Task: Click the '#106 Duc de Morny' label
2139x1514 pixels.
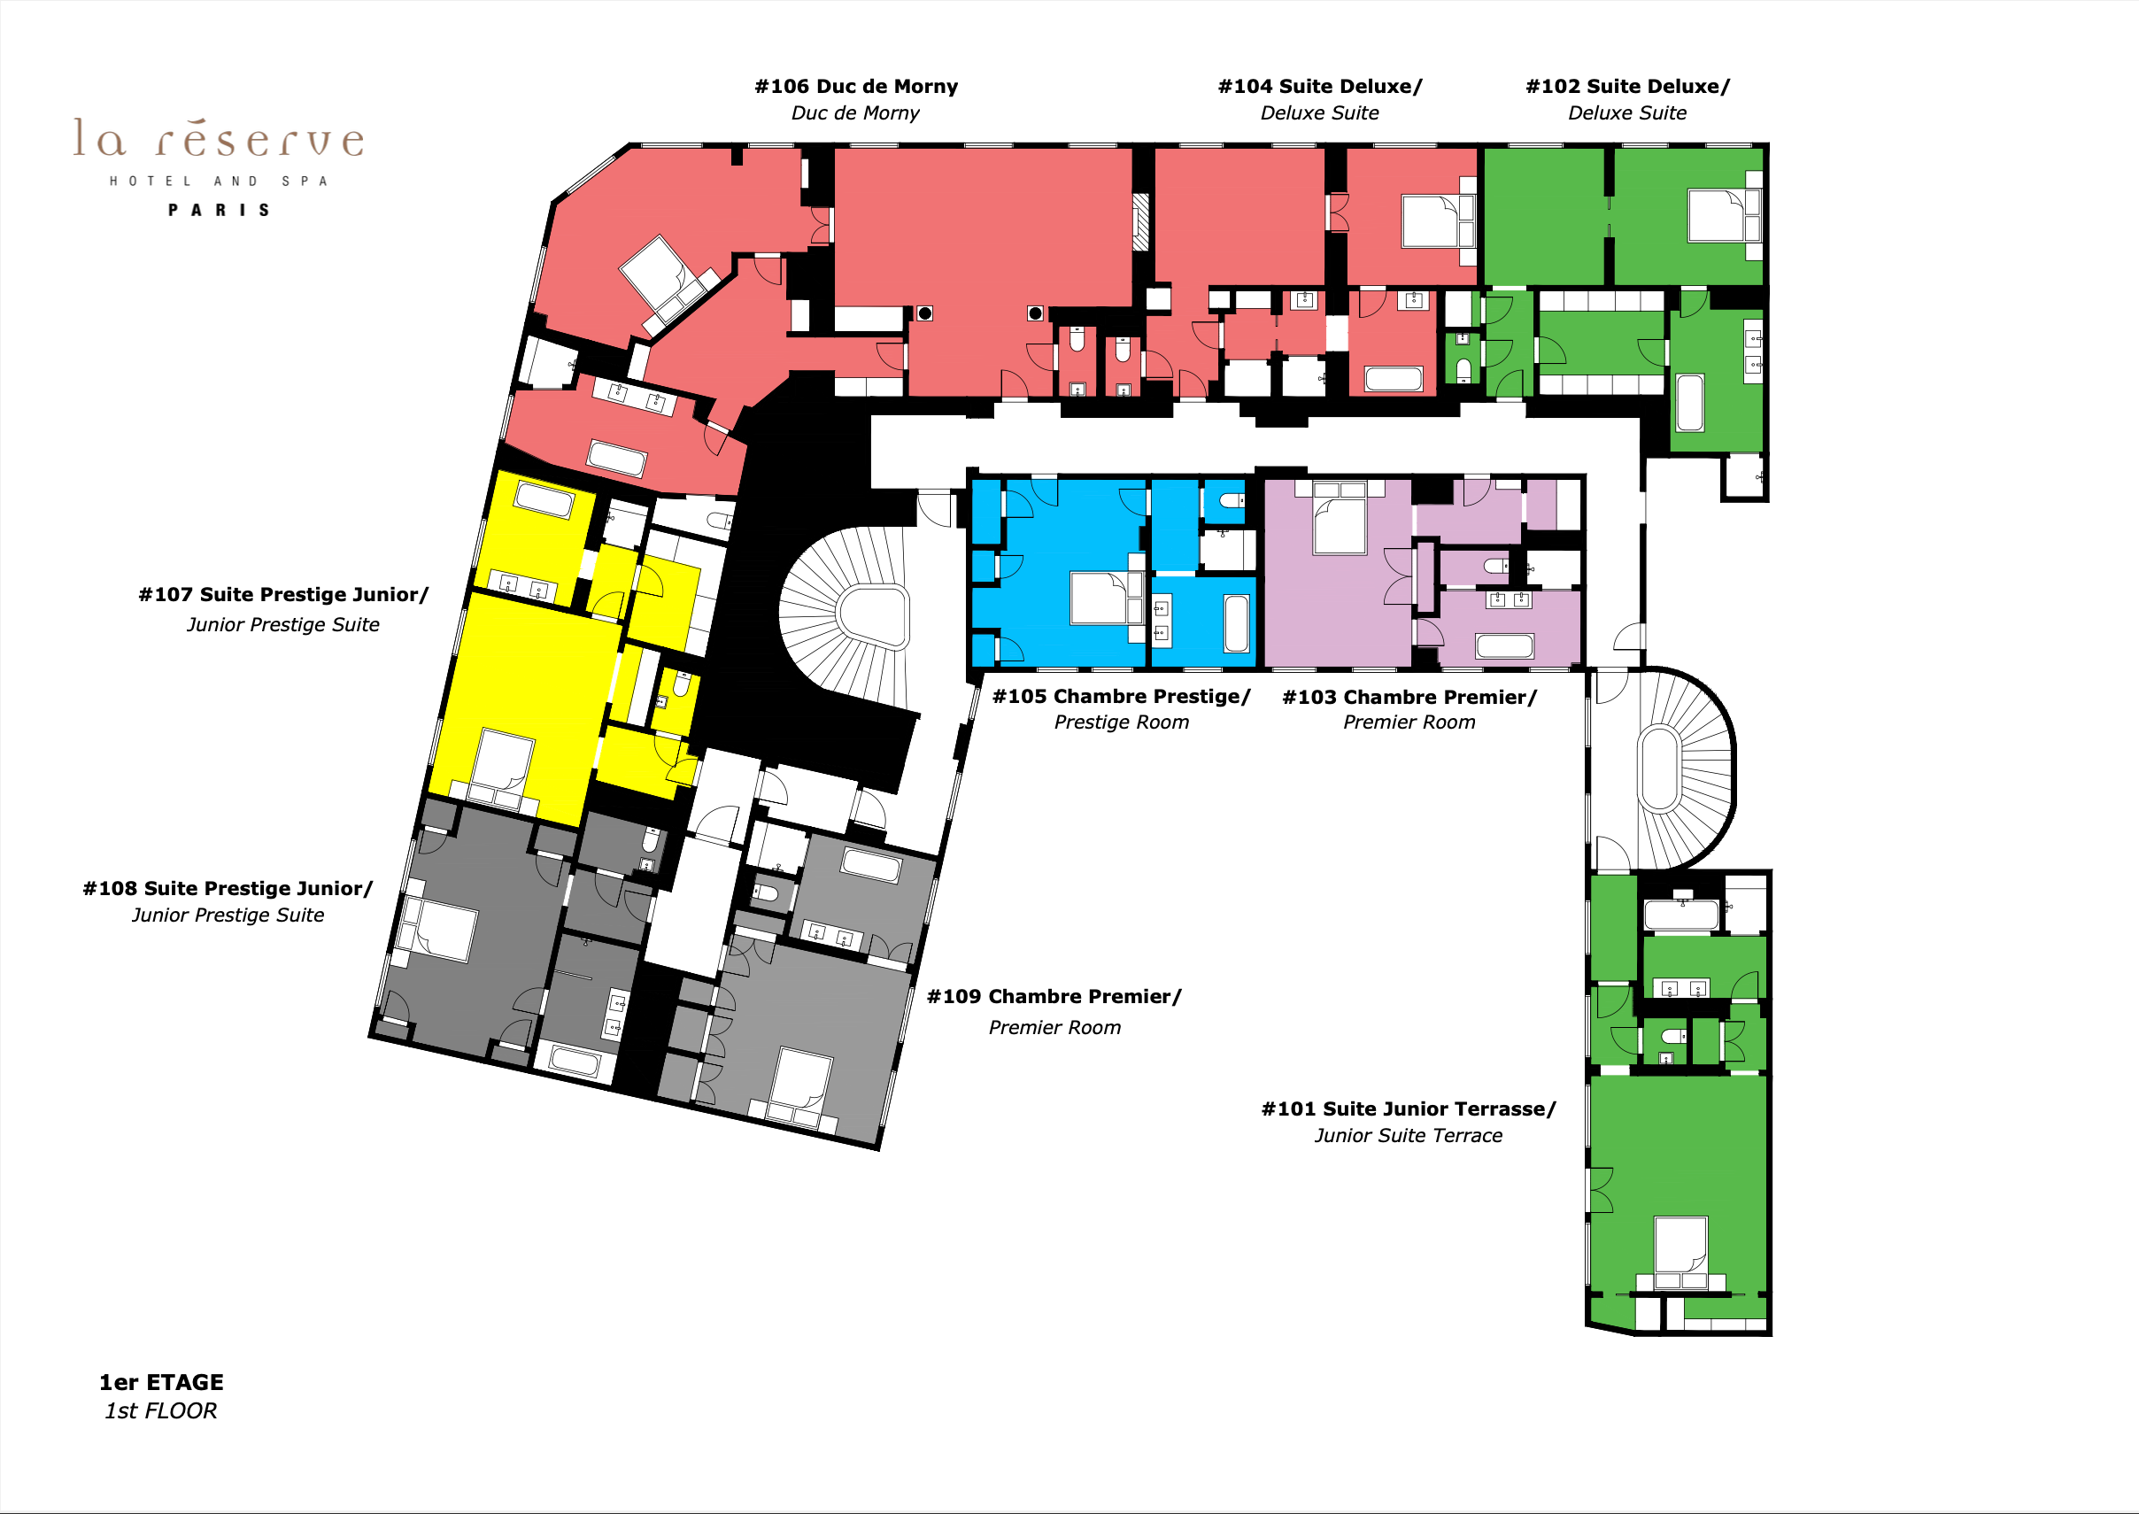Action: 855,87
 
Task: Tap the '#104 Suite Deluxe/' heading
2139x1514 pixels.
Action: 1320,87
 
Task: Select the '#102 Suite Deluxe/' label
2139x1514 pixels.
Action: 1627,87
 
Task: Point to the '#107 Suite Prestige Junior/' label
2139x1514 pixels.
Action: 283,595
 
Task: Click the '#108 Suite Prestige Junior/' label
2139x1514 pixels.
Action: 228,888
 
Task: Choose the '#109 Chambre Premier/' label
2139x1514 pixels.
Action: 1054,997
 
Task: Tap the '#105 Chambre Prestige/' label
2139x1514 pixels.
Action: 1121,697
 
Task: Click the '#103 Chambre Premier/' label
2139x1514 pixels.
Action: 1409,698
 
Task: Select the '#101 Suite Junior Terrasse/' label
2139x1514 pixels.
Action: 1409,1108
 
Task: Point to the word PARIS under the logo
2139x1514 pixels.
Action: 219,211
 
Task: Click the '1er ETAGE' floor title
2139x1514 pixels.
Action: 161,1383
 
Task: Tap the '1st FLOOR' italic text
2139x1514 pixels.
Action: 160,1411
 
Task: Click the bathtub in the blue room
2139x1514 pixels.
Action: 1236,622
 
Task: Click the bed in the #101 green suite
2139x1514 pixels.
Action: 1681,1252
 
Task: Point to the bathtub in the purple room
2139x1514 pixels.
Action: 1504,646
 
